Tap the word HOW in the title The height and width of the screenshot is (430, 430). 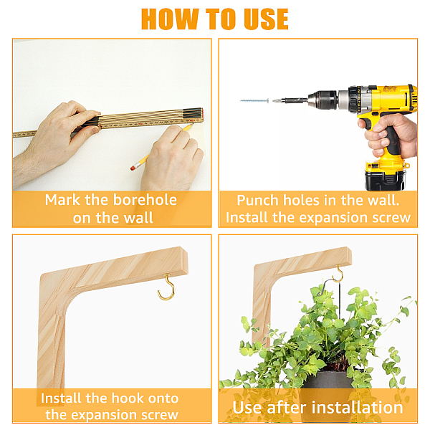coord(170,19)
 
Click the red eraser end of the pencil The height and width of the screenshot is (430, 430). coord(133,168)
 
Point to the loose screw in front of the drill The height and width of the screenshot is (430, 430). coord(254,101)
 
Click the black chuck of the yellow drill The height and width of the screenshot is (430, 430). coord(323,100)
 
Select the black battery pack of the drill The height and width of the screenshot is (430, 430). coord(385,180)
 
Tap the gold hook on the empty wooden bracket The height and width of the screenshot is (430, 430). coord(166,287)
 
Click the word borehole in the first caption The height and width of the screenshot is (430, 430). coord(145,200)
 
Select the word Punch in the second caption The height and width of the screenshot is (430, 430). coord(258,201)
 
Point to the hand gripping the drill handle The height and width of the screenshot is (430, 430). coord(391,135)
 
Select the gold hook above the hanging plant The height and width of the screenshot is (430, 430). coord(339,274)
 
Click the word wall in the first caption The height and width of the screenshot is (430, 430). coord(138,218)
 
